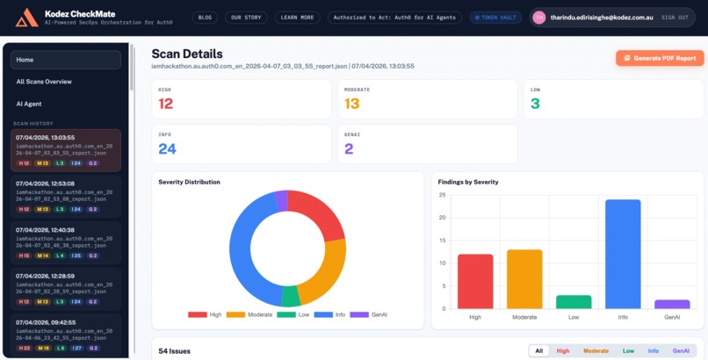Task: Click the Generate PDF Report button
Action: [x=660, y=58]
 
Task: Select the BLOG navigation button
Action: [x=205, y=17]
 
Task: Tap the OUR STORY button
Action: [x=246, y=17]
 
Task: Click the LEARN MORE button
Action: [x=297, y=17]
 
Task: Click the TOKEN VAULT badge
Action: [x=495, y=17]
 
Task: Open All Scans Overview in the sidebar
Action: [x=66, y=82]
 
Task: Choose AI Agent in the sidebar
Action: [x=66, y=104]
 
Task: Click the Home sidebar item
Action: [x=66, y=60]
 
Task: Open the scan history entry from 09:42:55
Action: [x=66, y=334]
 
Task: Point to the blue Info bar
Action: [x=623, y=254]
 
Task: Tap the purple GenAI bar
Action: [x=672, y=304]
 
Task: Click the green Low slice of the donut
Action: [x=291, y=296]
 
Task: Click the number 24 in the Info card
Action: [x=168, y=149]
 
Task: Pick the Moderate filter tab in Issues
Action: [x=596, y=350]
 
